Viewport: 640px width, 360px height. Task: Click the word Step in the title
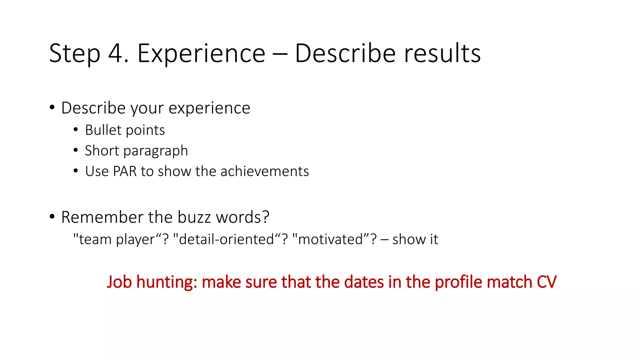click(75, 53)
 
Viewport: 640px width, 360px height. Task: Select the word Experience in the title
click(201, 53)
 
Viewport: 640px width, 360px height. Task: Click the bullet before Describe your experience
click(52, 107)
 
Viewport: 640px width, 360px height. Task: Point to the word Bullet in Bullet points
click(103, 130)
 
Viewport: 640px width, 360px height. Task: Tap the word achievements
click(264, 171)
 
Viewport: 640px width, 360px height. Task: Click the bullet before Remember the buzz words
click(52, 217)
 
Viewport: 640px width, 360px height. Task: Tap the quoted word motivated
click(331, 239)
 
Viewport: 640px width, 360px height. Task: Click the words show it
click(415, 239)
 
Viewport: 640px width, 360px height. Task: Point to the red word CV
click(546, 282)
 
